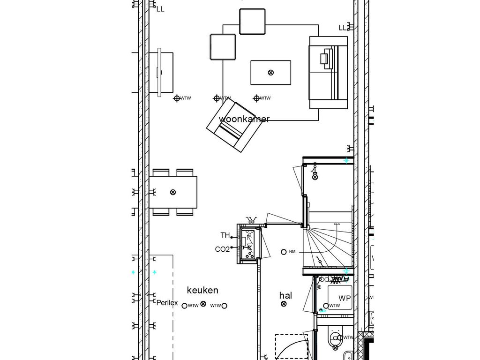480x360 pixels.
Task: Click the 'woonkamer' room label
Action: tap(244, 119)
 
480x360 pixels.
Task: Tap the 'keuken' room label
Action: tap(202, 291)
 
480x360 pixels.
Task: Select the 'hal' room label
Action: tap(285, 296)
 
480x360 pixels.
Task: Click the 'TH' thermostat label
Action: tap(225, 235)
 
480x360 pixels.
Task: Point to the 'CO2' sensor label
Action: tap(222, 249)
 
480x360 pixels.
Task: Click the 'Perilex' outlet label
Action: tap(167, 303)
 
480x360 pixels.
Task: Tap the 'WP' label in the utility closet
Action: tap(345, 298)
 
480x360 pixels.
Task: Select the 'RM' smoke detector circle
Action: tap(284, 252)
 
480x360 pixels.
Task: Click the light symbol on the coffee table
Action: tap(270, 72)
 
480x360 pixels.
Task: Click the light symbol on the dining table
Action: tap(172, 192)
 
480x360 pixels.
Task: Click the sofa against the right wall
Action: tap(328, 73)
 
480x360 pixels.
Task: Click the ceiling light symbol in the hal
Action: tap(284, 304)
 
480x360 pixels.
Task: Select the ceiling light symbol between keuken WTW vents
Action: tap(203, 304)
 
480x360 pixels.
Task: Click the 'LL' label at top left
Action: tap(160, 9)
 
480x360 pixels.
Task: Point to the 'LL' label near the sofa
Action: tap(343, 28)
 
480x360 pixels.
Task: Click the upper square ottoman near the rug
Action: tap(253, 21)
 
